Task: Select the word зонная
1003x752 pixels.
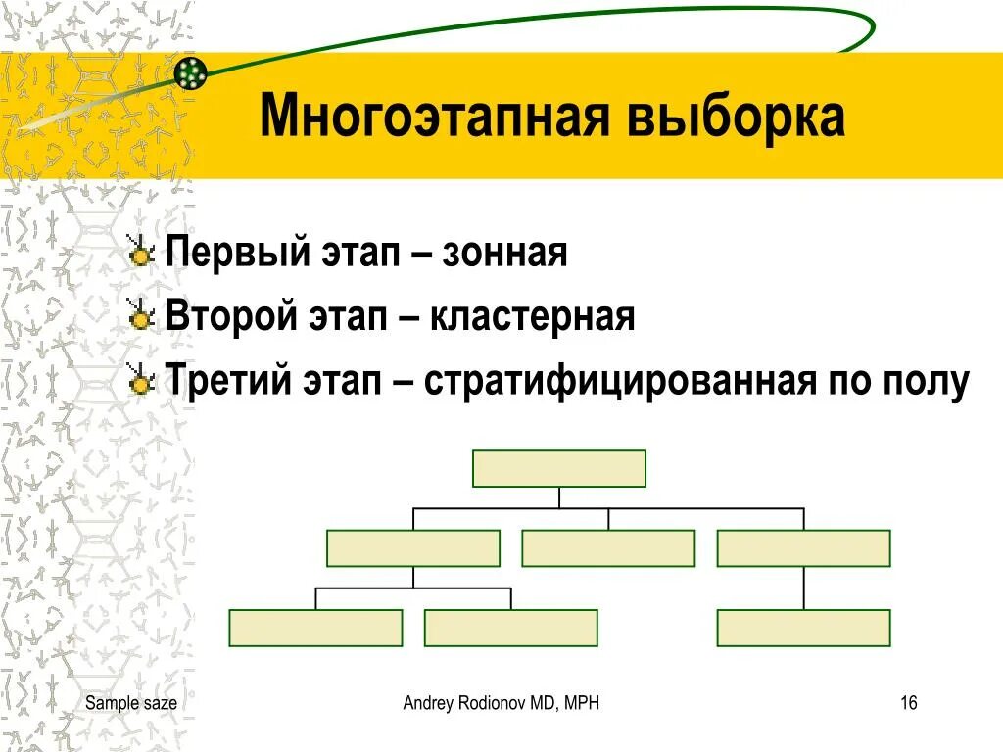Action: coord(504,254)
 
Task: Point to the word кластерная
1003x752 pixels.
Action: coord(531,316)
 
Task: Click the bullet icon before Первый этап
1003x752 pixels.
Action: coord(143,254)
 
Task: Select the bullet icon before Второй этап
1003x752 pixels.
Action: coord(143,316)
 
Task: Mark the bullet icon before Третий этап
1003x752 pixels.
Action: coord(143,380)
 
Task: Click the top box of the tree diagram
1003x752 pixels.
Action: coord(559,468)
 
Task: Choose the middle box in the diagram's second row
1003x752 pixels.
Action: coord(608,548)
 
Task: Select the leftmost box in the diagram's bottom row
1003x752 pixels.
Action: coord(315,628)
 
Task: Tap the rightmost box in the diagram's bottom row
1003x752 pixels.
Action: coord(803,628)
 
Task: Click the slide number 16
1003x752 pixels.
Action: coord(908,703)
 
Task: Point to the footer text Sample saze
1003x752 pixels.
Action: coord(131,703)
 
